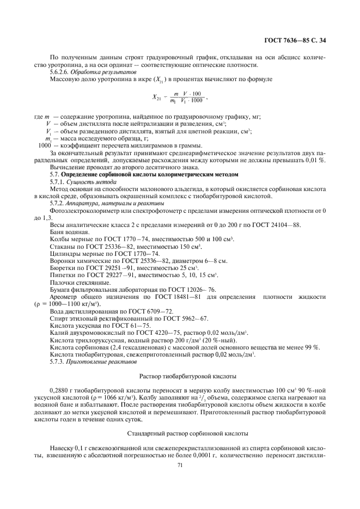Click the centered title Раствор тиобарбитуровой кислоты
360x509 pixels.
pos(180,376)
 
